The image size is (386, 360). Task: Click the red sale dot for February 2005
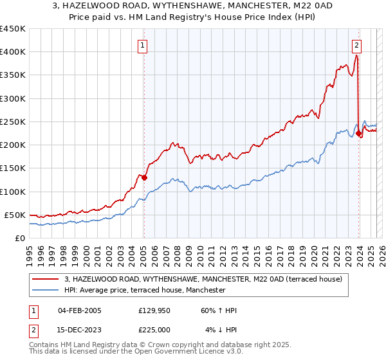(144, 177)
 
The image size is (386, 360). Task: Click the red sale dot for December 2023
(358, 134)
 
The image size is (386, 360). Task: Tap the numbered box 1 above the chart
(142, 45)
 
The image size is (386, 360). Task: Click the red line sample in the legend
(45, 279)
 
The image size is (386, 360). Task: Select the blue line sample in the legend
(45, 290)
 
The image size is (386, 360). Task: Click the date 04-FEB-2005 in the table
(79, 310)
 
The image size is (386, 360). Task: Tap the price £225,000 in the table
(153, 330)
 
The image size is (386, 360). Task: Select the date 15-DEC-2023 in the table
(79, 330)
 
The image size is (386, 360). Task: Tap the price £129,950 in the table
(153, 310)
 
